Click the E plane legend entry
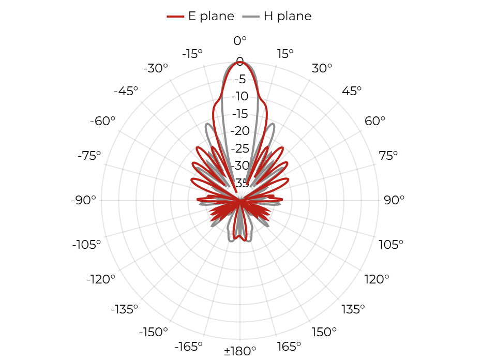pos(201,16)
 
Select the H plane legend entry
pos(277,16)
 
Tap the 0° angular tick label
pos(240,40)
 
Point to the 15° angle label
pos(285,54)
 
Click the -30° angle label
pos(156,68)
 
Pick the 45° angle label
pos(352,91)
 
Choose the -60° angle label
pos(102,121)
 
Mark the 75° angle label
pos(388,156)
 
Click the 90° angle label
pos(394,200)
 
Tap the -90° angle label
pos(83,200)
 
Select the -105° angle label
pos(86,245)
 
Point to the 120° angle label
pos(377,279)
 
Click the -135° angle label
pos(125,309)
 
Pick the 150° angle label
pos(324,332)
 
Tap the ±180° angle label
pos(240,351)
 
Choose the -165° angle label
pos(189,347)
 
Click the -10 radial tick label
pos(240,96)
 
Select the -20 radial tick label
pos(240,131)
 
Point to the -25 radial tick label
pos(240,148)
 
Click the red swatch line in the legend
pos(175,17)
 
